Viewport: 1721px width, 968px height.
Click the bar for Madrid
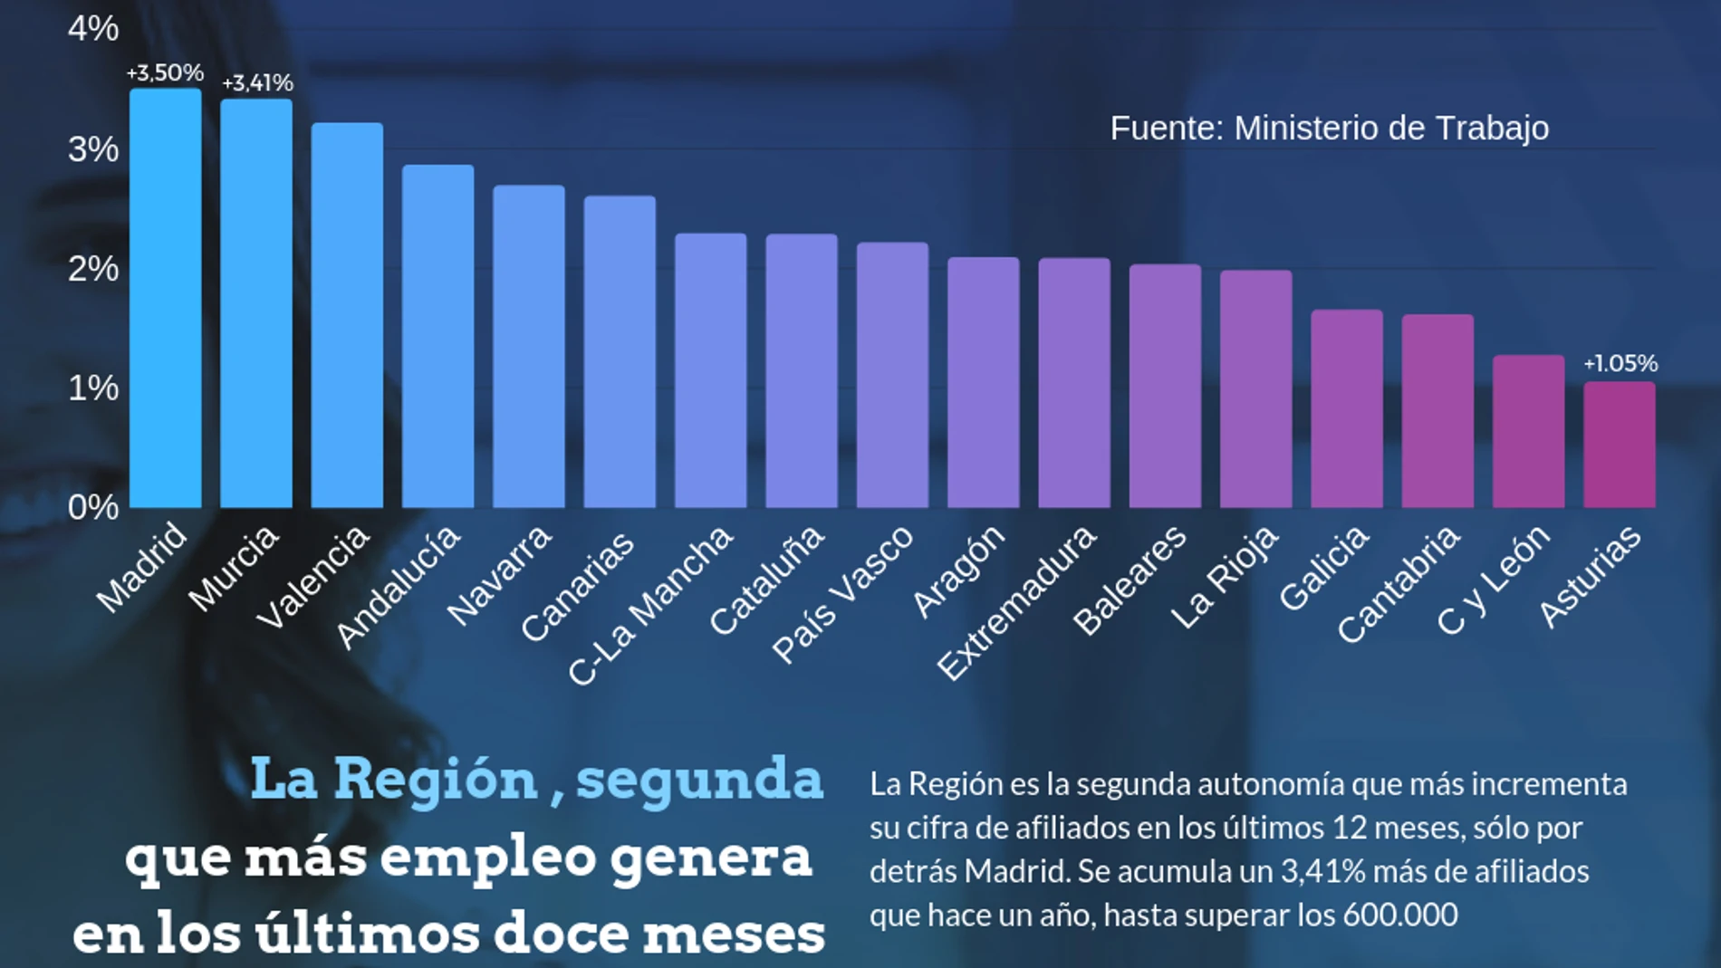tap(166, 299)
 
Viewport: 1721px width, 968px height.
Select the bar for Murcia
tap(256, 303)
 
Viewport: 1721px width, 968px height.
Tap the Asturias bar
tap(1619, 445)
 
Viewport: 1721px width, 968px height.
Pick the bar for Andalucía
tap(438, 336)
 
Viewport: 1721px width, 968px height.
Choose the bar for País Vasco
tap(892, 375)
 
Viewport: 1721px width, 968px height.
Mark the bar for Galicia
tap(1347, 408)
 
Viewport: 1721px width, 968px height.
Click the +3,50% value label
tap(165, 72)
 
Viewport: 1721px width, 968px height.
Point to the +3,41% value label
tap(257, 83)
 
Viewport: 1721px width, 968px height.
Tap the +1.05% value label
tap(1620, 363)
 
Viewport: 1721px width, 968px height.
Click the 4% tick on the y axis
tap(93, 29)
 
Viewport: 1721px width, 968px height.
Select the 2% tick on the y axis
tap(93, 269)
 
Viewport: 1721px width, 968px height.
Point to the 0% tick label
tap(93, 507)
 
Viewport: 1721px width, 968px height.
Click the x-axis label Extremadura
tap(1016, 602)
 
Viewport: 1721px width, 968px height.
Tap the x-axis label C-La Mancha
tap(650, 605)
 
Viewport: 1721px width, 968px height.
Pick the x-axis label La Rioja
tap(1225, 577)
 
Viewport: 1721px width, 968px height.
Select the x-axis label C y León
tap(1493, 580)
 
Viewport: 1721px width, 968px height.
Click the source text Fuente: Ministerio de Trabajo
tap(1329, 129)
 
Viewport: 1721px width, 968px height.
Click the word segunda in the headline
tap(699, 780)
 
